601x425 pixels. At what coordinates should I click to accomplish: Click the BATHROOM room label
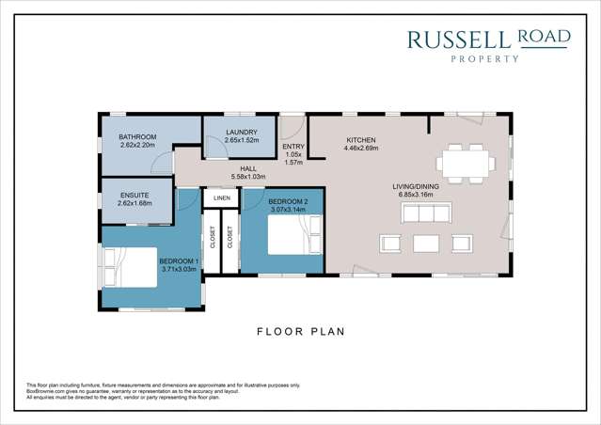point(137,137)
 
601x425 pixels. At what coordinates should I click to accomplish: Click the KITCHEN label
point(360,139)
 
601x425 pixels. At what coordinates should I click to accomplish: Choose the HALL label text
point(248,168)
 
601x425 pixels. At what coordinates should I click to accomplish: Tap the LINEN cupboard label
point(222,198)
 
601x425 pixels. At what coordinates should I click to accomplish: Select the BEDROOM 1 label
point(178,260)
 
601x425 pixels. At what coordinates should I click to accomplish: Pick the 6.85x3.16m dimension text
point(415,195)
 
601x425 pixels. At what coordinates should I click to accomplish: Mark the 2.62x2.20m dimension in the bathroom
point(137,146)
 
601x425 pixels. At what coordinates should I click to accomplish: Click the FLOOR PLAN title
point(301,331)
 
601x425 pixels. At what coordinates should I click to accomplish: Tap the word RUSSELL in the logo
point(458,39)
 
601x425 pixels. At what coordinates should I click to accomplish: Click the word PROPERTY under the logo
point(488,58)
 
